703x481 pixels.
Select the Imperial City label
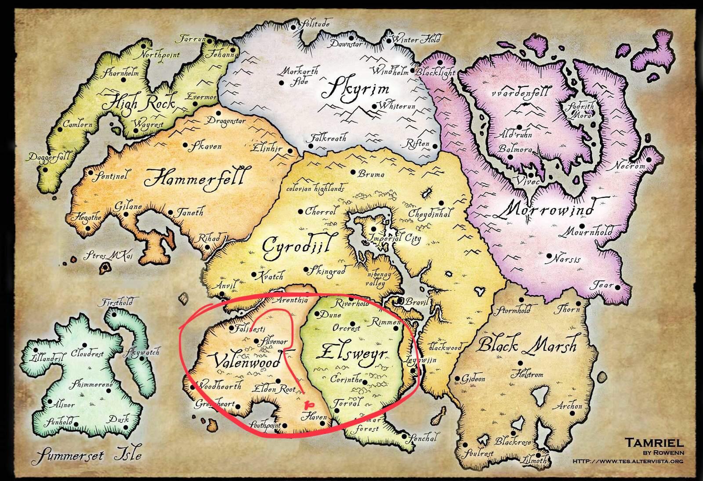(396, 239)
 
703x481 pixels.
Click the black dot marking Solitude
(294, 27)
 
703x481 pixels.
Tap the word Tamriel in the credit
(654, 442)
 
